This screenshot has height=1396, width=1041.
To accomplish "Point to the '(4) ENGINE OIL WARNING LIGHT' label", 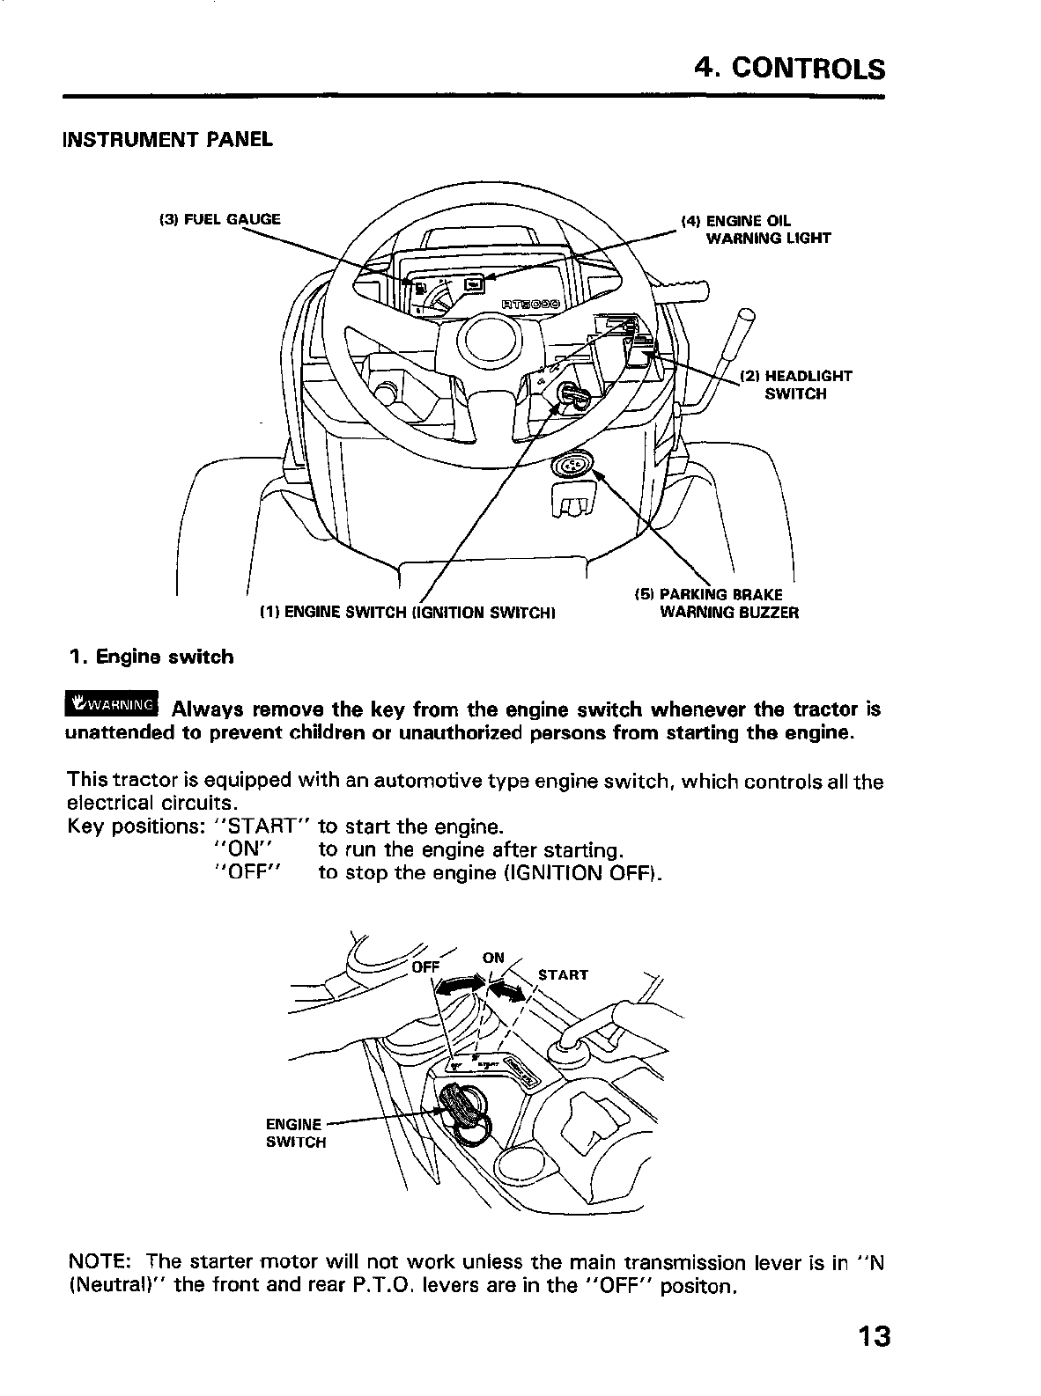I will point(755,229).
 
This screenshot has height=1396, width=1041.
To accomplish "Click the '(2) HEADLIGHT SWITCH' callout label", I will point(795,385).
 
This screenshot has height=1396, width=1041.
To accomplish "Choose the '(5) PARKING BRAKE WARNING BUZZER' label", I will point(716,603).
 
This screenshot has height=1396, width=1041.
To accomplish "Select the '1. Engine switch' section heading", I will point(151,657).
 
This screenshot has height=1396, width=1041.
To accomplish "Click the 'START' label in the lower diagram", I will point(562,974).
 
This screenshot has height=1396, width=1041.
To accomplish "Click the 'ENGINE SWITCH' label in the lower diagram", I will point(295,1133).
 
